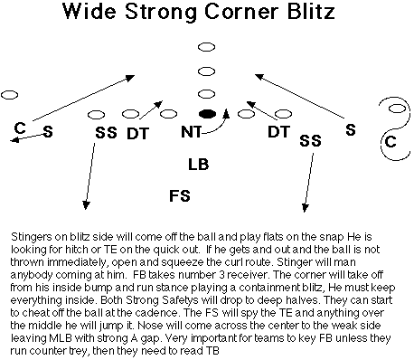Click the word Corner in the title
pyautogui.click(x=241, y=12)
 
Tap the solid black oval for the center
pyautogui.click(x=207, y=114)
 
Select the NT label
pyautogui.click(x=192, y=132)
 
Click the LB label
pyautogui.click(x=198, y=165)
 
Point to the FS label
pyautogui.click(x=180, y=195)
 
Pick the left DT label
pyautogui.click(x=137, y=134)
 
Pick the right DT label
pyautogui.click(x=278, y=132)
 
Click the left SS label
pyautogui.click(x=106, y=133)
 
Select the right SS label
pyautogui.click(x=310, y=140)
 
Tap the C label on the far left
pyautogui.click(x=20, y=128)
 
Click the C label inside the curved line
pyautogui.click(x=390, y=141)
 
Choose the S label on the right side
pyautogui.click(x=351, y=130)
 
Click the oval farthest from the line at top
pyautogui.click(x=207, y=47)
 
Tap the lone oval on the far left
pyautogui.click(x=9, y=95)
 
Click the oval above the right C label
pyautogui.click(x=397, y=109)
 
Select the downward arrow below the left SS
pyautogui.click(x=90, y=176)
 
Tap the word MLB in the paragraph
pyautogui.click(x=61, y=338)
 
